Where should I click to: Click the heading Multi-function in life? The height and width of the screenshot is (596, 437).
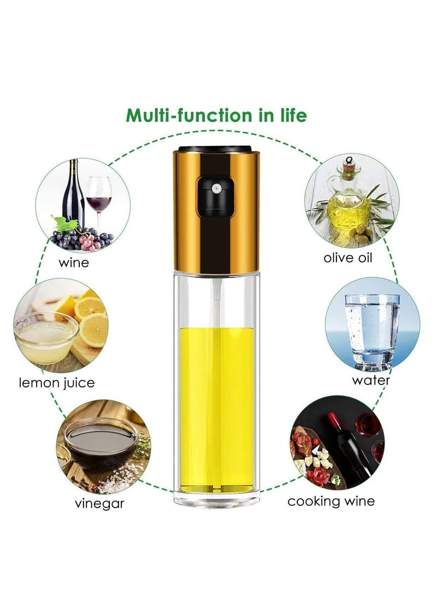[216, 116]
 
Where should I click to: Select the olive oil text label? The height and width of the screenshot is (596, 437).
[348, 257]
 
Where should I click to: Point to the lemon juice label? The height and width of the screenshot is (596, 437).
[57, 382]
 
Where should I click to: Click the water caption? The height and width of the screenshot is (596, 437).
[371, 380]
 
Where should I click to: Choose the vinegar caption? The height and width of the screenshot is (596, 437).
[99, 503]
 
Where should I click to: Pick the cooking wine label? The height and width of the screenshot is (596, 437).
[332, 500]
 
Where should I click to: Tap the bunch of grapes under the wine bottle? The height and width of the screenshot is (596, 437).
[82, 239]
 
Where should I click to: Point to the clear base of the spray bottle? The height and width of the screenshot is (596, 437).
[217, 494]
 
